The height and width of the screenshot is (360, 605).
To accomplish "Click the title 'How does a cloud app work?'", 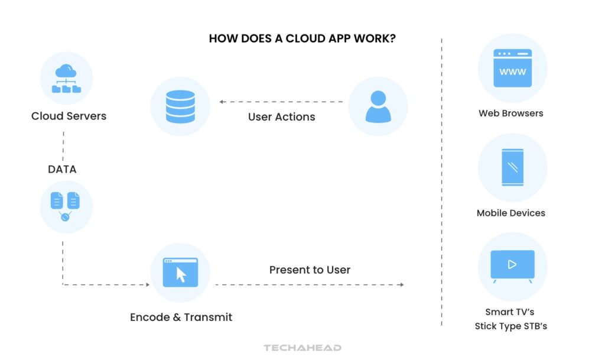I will pyautogui.click(x=302, y=39).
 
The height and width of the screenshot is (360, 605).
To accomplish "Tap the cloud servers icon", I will pyautogui.click(x=66, y=79).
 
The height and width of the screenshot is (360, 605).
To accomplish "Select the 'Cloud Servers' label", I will pyautogui.click(x=69, y=116).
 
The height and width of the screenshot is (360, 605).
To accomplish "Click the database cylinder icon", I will pyautogui.click(x=180, y=106).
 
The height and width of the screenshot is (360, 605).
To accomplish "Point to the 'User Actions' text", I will pyautogui.click(x=281, y=117).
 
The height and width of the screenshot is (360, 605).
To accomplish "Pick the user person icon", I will pyautogui.click(x=378, y=106).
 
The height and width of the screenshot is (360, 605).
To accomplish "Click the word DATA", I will pyautogui.click(x=62, y=170).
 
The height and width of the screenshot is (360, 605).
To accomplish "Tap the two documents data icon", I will pyautogui.click(x=66, y=206).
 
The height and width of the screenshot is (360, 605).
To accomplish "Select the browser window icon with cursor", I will pyautogui.click(x=180, y=272).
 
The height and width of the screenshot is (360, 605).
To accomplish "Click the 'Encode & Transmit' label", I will pyautogui.click(x=181, y=317).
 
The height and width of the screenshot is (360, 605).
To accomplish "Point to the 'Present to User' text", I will pyautogui.click(x=310, y=270).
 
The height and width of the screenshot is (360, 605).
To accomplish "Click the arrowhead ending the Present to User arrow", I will pyautogui.click(x=401, y=285).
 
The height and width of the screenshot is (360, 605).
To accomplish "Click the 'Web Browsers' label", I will pyautogui.click(x=511, y=113).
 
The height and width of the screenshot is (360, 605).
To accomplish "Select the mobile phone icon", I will pyautogui.click(x=512, y=167).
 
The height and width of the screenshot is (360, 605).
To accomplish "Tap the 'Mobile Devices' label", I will pyautogui.click(x=511, y=213).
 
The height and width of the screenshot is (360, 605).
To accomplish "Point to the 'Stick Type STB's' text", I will pyautogui.click(x=511, y=326).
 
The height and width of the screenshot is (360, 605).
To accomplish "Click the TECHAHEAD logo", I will pyautogui.click(x=302, y=348).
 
